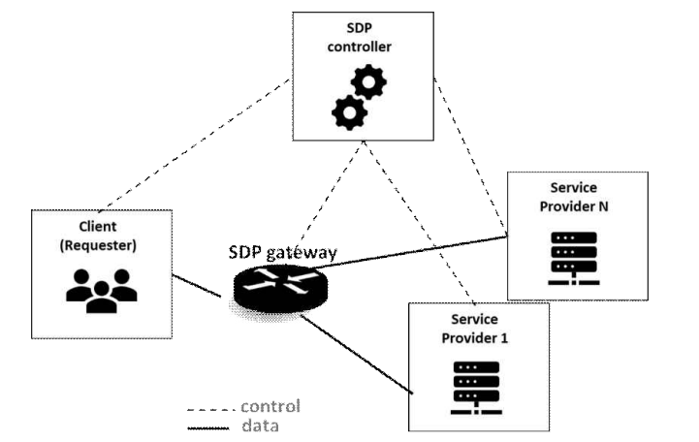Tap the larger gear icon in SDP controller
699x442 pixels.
348,112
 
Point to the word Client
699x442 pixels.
98,226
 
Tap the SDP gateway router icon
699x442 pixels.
279,287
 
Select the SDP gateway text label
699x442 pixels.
283,253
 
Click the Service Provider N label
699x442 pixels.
575,197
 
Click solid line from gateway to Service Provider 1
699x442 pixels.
359,353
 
